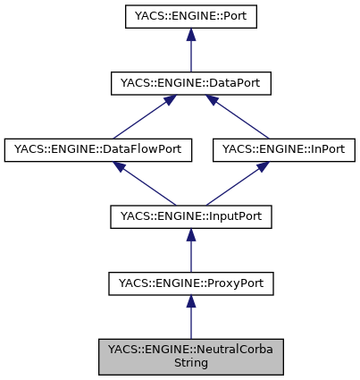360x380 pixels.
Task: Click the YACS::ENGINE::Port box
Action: coord(189,16)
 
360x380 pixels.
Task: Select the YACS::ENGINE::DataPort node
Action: coord(189,83)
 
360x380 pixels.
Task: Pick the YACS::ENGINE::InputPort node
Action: coord(189,217)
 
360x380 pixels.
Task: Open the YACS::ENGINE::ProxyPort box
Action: coord(189,284)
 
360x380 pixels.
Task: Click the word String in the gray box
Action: coord(189,364)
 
